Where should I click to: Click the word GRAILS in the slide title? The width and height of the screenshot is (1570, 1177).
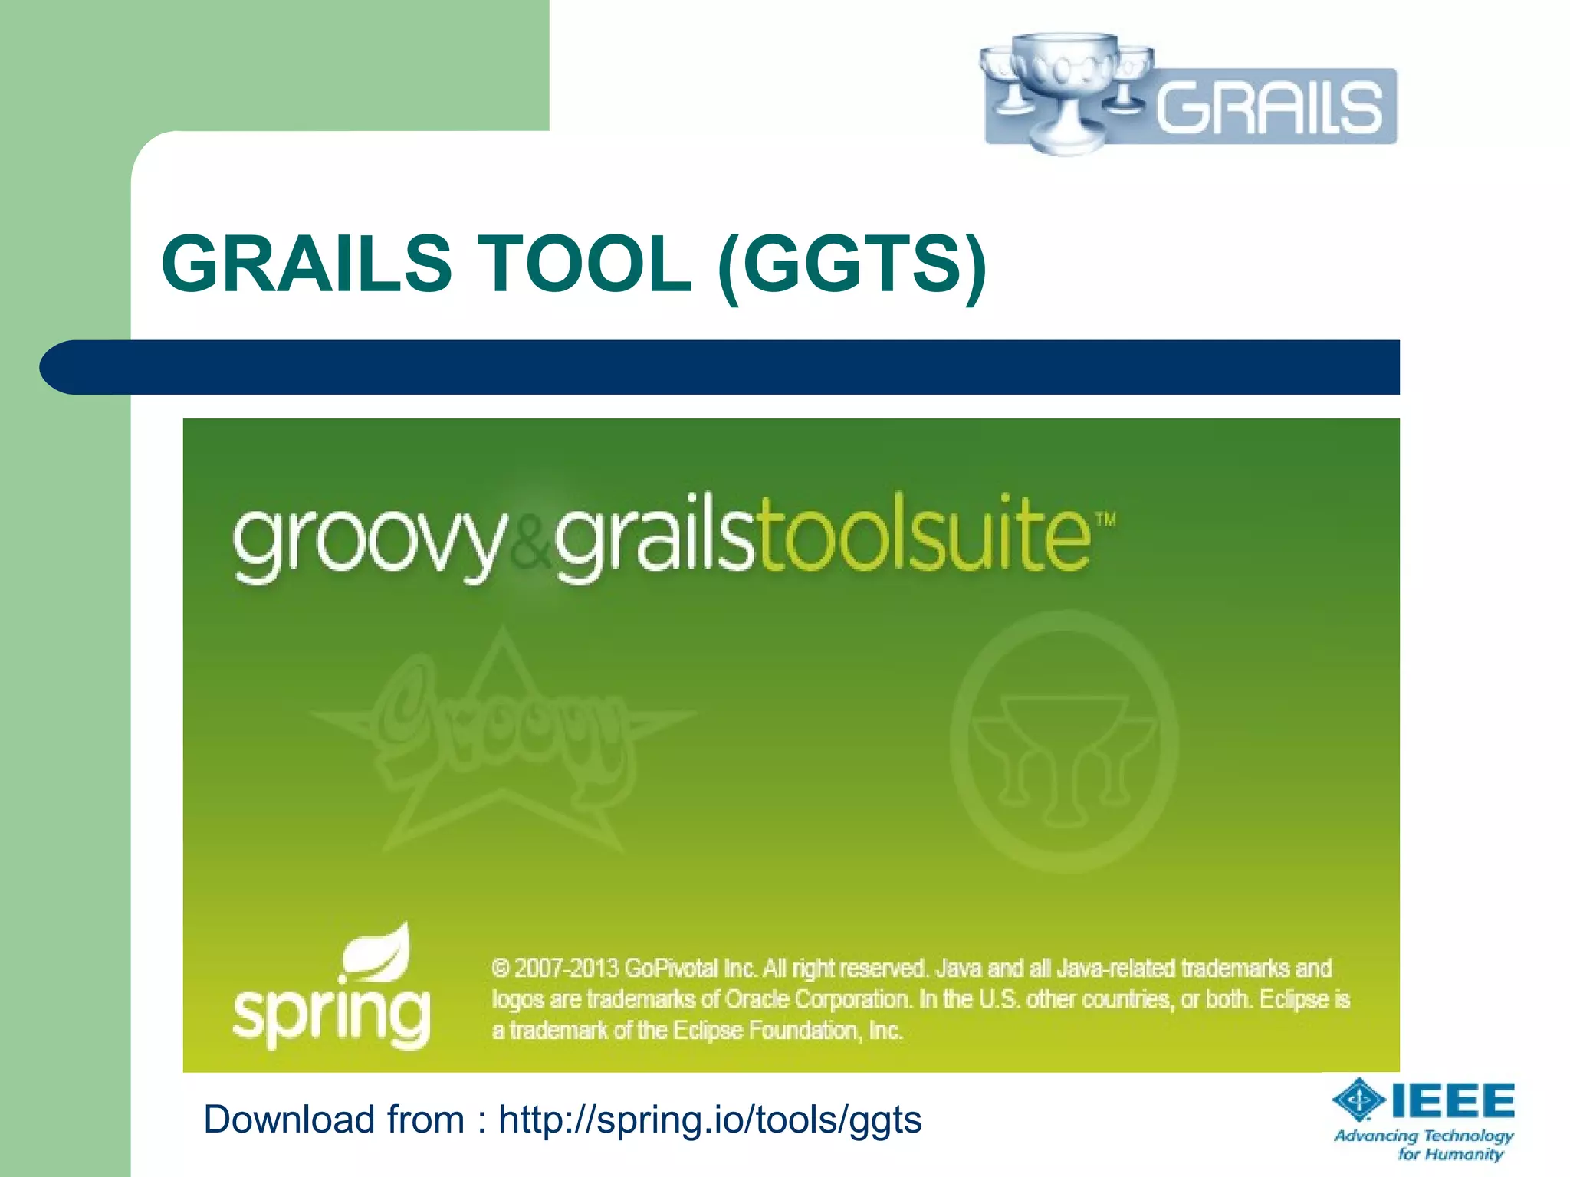[x=307, y=264]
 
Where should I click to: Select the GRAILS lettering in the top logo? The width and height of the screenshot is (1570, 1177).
[x=1269, y=107]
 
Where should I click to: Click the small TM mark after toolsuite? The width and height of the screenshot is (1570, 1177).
[x=1105, y=520]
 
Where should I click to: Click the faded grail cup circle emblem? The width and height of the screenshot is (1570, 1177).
[x=1064, y=742]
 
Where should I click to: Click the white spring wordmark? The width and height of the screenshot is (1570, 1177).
[x=331, y=1015]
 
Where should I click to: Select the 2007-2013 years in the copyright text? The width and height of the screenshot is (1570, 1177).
[x=566, y=969]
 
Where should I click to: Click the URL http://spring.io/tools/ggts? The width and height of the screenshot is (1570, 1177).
[x=710, y=1120]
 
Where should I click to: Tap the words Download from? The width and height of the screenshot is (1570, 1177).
[x=333, y=1120]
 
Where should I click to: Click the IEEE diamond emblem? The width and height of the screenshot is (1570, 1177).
[x=1358, y=1100]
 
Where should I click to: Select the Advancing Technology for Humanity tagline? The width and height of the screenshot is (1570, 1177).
[x=1424, y=1144]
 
